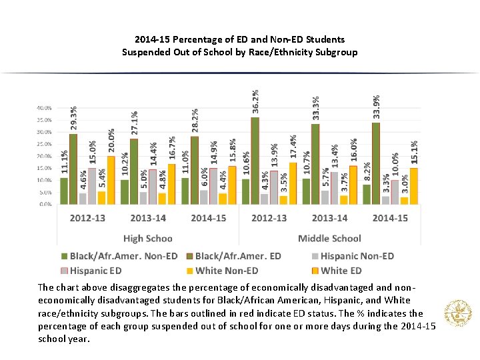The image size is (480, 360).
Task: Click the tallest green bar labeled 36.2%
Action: point(255,161)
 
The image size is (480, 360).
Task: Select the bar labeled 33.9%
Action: point(376,163)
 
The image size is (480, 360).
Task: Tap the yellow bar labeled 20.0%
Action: point(111,180)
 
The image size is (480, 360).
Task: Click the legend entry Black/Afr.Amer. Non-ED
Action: point(119,255)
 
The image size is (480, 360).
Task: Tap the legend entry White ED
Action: point(341,270)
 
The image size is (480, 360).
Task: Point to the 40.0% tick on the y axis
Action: point(43,108)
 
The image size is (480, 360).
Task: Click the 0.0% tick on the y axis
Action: point(45,204)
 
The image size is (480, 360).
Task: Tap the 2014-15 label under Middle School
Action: point(390,218)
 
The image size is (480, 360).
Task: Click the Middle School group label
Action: point(329,238)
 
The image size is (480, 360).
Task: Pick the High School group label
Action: point(147,238)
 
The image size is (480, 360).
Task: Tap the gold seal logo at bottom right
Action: point(458,313)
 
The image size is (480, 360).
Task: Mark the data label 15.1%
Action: point(415,152)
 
